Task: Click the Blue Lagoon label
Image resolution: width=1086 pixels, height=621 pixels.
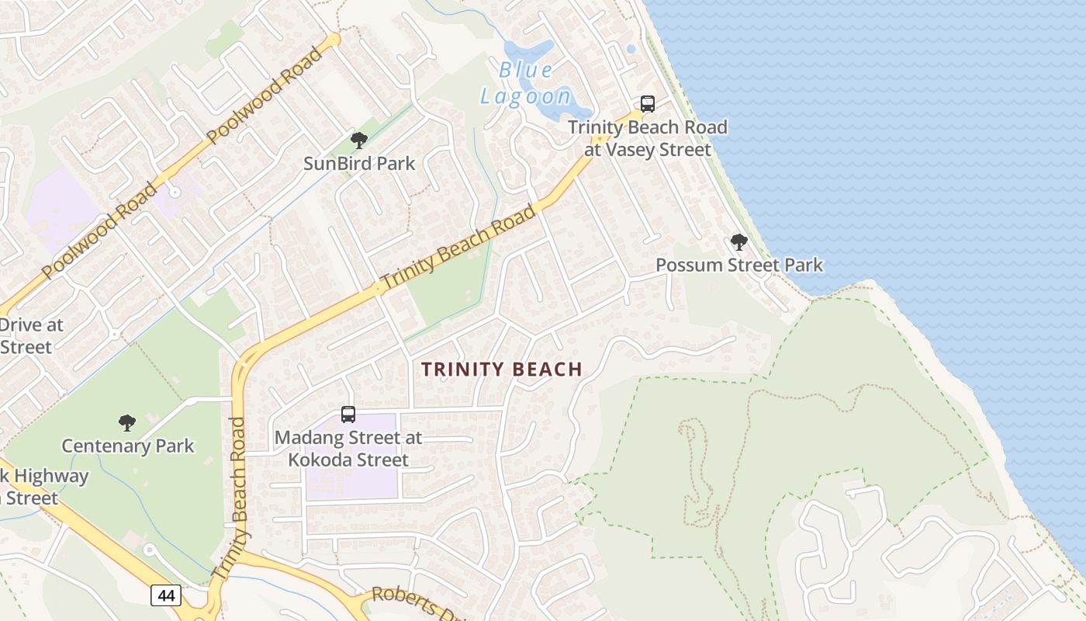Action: (x=526, y=83)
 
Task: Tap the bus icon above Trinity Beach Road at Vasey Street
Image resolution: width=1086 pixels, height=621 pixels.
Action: (x=647, y=103)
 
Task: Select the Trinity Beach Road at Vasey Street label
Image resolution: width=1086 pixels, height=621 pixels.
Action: (x=648, y=138)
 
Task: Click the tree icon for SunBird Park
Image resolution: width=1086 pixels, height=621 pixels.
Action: (x=358, y=141)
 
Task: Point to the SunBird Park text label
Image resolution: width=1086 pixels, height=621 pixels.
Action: (x=359, y=164)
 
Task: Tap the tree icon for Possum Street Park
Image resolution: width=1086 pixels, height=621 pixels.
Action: (x=739, y=242)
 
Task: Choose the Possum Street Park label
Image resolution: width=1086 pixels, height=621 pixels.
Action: (x=739, y=265)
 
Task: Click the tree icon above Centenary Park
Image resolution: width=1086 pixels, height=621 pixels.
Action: (x=127, y=423)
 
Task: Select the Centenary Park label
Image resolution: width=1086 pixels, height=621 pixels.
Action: (x=128, y=446)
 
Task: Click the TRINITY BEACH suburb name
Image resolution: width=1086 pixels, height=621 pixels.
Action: (x=502, y=369)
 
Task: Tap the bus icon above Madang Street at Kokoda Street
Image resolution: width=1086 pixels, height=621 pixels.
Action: (x=348, y=415)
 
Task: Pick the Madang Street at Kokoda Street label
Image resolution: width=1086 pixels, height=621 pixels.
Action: (x=348, y=449)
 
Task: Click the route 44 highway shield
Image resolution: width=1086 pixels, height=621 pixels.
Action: (x=166, y=595)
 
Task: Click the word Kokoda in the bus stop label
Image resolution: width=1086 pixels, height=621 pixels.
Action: (x=320, y=460)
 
